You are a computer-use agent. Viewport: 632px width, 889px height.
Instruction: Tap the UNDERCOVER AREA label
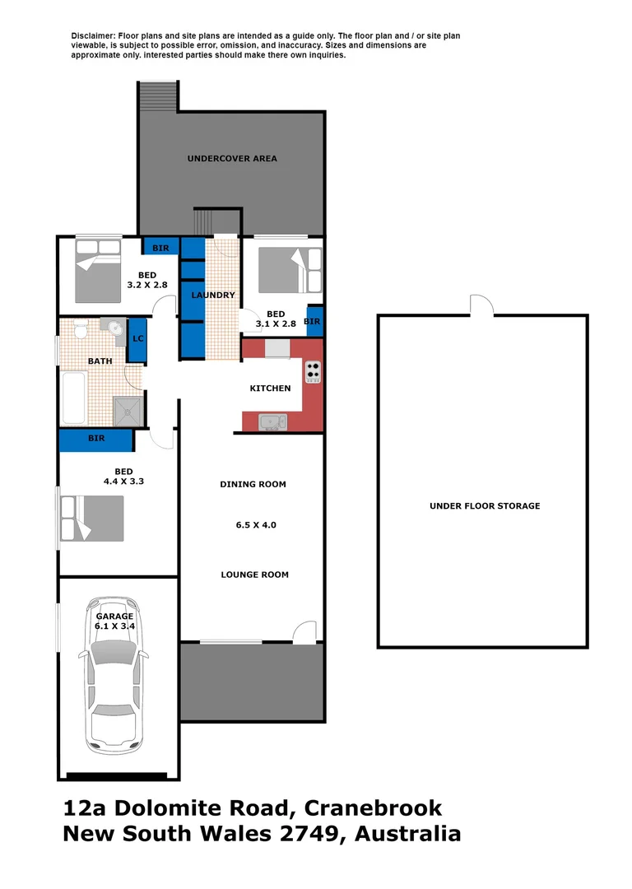(x=232, y=158)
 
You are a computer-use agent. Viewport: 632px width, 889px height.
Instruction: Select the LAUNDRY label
(x=213, y=295)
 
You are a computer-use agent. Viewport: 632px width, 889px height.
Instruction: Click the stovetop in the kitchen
(x=313, y=373)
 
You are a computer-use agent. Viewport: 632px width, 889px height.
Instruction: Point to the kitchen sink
(x=272, y=422)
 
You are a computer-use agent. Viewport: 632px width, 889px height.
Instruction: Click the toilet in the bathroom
(x=81, y=332)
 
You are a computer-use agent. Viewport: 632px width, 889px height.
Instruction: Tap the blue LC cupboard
(x=138, y=339)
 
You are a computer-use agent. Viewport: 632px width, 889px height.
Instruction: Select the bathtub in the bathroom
(x=75, y=398)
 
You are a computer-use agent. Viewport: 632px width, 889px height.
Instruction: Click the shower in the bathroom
(x=128, y=410)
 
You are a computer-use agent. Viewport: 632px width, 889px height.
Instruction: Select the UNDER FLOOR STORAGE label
(x=485, y=506)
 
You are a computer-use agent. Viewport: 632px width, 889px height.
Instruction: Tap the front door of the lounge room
(x=304, y=631)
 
